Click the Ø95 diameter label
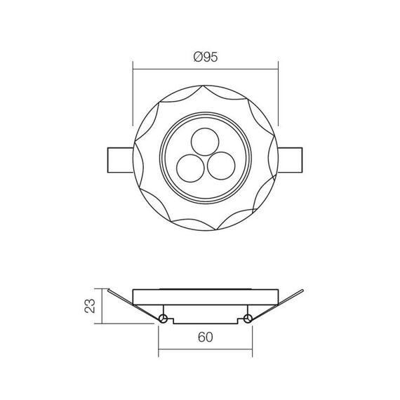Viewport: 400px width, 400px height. (206, 57)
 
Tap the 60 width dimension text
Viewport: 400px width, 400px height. (206, 338)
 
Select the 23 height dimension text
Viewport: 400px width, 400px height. (90, 306)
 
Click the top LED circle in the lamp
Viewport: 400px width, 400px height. (205, 142)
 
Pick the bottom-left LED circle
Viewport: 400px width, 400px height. (190, 168)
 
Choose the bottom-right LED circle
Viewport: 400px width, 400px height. (221, 166)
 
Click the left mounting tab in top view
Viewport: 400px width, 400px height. (121, 160)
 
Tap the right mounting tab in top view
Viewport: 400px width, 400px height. (290, 160)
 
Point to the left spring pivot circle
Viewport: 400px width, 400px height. (163, 319)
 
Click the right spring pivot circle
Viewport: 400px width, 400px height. (248, 319)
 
